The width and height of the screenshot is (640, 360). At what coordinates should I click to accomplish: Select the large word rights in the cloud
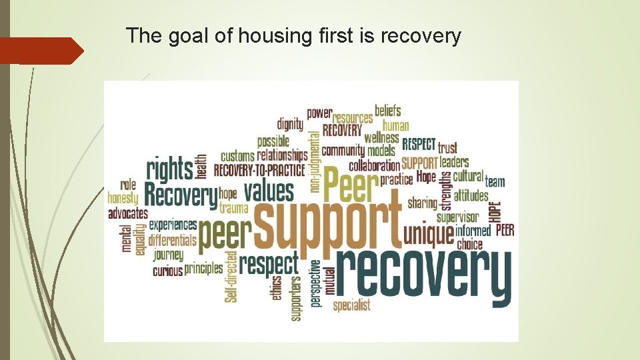click(169, 169)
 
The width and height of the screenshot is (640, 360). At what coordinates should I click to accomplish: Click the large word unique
click(428, 234)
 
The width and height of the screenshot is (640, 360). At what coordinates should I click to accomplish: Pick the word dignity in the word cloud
click(290, 124)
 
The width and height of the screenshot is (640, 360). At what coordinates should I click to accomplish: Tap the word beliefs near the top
click(388, 111)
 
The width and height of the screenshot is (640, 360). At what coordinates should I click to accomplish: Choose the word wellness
click(381, 139)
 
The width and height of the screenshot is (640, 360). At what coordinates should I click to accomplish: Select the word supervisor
click(457, 217)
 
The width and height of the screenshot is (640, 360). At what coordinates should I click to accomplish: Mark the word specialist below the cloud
click(351, 306)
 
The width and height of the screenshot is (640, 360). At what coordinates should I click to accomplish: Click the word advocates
click(128, 214)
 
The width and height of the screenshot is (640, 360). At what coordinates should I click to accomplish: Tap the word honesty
click(123, 199)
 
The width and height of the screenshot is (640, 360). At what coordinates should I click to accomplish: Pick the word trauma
click(233, 208)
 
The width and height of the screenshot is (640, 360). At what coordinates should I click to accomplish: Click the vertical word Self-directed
click(231, 276)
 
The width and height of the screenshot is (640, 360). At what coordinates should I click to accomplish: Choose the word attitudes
click(471, 197)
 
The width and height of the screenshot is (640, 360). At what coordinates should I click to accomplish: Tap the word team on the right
click(495, 181)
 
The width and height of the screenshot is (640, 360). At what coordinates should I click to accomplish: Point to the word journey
click(168, 255)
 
